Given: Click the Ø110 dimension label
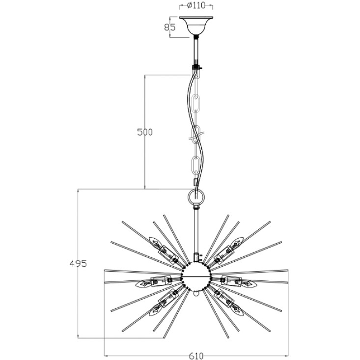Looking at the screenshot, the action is click(196, 5).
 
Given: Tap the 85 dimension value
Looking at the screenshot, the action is click(170, 28).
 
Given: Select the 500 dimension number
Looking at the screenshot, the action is click(145, 132).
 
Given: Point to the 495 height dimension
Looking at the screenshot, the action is click(78, 264).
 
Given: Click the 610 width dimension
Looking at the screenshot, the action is click(196, 356).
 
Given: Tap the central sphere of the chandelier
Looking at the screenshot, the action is click(196, 277).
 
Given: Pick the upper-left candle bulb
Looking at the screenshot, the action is click(155, 243).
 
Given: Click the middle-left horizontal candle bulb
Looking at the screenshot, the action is click(143, 284).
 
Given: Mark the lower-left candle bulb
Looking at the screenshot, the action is click(155, 310).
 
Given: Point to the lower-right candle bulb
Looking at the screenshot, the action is click(237, 310).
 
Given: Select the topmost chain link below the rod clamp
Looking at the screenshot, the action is click(196, 74).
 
